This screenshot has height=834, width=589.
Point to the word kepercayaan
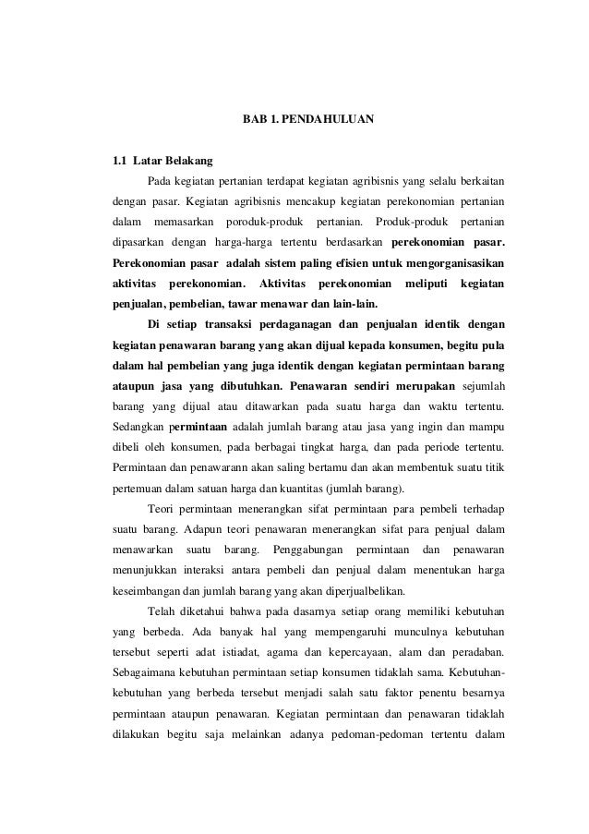[x=354, y=653]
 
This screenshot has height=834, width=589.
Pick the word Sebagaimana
[x=146, y=674]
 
